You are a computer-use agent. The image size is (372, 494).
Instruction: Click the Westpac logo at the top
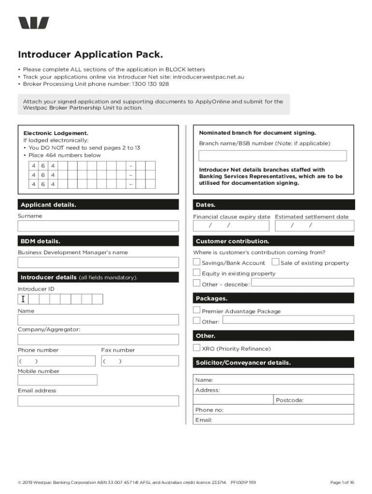pyautogui.click(x=33, y=23)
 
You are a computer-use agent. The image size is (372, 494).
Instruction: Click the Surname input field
pyautogui.click(x=98, y=226)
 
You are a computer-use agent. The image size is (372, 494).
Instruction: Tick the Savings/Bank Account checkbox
pyautogui.click(x=197, y=262)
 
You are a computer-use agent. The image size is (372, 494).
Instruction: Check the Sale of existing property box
pyautogui.click(x=275, y=262)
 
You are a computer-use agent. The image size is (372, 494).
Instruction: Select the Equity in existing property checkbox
pyautogui.click(x=197, y=273)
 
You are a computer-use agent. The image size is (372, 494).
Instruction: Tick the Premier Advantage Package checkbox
pyautogui.click(x=197, y=310)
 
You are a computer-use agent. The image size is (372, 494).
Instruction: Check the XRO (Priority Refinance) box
pyautogui.click(x=197, y=348)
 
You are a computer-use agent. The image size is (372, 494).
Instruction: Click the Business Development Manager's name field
pyautogui.click(x=98, y=262)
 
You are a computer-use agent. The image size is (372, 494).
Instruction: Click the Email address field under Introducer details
pyautogui.click(x=98, y=401)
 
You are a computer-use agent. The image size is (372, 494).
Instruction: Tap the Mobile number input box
pyautogui.click(x=57, y=380)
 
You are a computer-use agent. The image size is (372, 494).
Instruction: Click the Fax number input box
pyautogui.click(x=140, y=361)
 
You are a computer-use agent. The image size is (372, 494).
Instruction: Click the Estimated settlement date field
pyautogui.click(x=315, y=226)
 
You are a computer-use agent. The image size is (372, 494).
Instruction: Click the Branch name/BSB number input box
pyautogui.click(x=273, y=156)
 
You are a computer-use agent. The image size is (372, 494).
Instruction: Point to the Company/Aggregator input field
pyautogui.click(x=98, y=339)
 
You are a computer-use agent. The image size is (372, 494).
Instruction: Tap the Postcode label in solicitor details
pyautogui.click(x=289, y=400)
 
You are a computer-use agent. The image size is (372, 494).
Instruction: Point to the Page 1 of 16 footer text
pyautogui.click(x=342, y=482)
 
